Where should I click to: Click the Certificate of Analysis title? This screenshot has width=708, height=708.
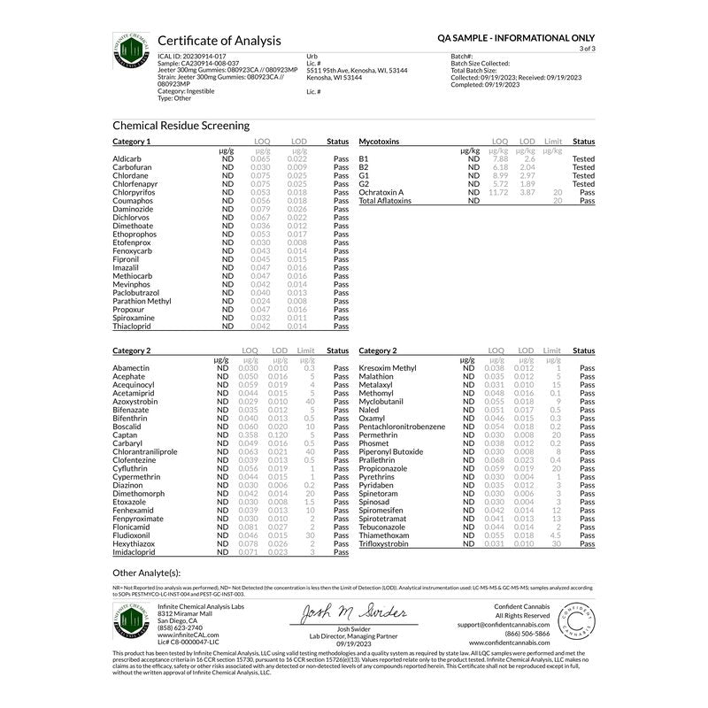click(219, 41)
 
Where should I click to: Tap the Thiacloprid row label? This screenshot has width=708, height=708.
click(133, 327)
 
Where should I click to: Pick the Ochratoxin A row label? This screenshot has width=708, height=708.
click(381, 191)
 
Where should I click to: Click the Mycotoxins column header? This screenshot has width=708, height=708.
click(380, 142)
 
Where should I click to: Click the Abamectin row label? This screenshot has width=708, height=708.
click(132, 366)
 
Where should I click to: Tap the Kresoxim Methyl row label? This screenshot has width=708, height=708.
click(387, 366)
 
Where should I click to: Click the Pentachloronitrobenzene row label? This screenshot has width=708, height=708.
click(402, 427)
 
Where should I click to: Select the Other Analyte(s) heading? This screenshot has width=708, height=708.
click(146, 573)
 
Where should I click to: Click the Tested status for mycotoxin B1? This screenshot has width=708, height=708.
click(583, 158)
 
